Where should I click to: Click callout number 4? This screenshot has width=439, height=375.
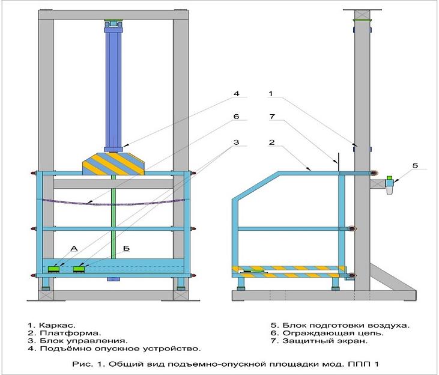(237, 94)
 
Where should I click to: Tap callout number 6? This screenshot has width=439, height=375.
(237, 117)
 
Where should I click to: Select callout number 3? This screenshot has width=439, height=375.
(237, 142)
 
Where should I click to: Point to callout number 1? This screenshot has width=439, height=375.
(270, 94)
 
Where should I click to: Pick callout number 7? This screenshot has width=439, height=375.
(272, 117)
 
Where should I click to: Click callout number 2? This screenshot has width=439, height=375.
(272, 142)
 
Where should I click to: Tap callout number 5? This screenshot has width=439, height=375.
(415, 165)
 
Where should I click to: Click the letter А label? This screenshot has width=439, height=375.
(74, 248)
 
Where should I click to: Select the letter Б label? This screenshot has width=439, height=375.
(126, 248)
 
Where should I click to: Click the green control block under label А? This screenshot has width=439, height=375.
(53, 269)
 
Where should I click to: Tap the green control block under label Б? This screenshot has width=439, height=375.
(79, 269)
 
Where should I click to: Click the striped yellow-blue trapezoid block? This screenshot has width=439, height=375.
(114, 164)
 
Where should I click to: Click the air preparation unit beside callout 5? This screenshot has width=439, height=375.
(389, 184)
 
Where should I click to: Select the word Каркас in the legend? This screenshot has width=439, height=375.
(57, 325)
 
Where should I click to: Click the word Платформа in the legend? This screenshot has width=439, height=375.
(70, 334)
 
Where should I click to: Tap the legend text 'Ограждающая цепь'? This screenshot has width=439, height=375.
(333, 334)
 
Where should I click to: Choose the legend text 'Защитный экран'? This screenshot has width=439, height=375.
(325, 341)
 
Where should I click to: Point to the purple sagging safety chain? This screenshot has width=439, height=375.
(114, 203)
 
